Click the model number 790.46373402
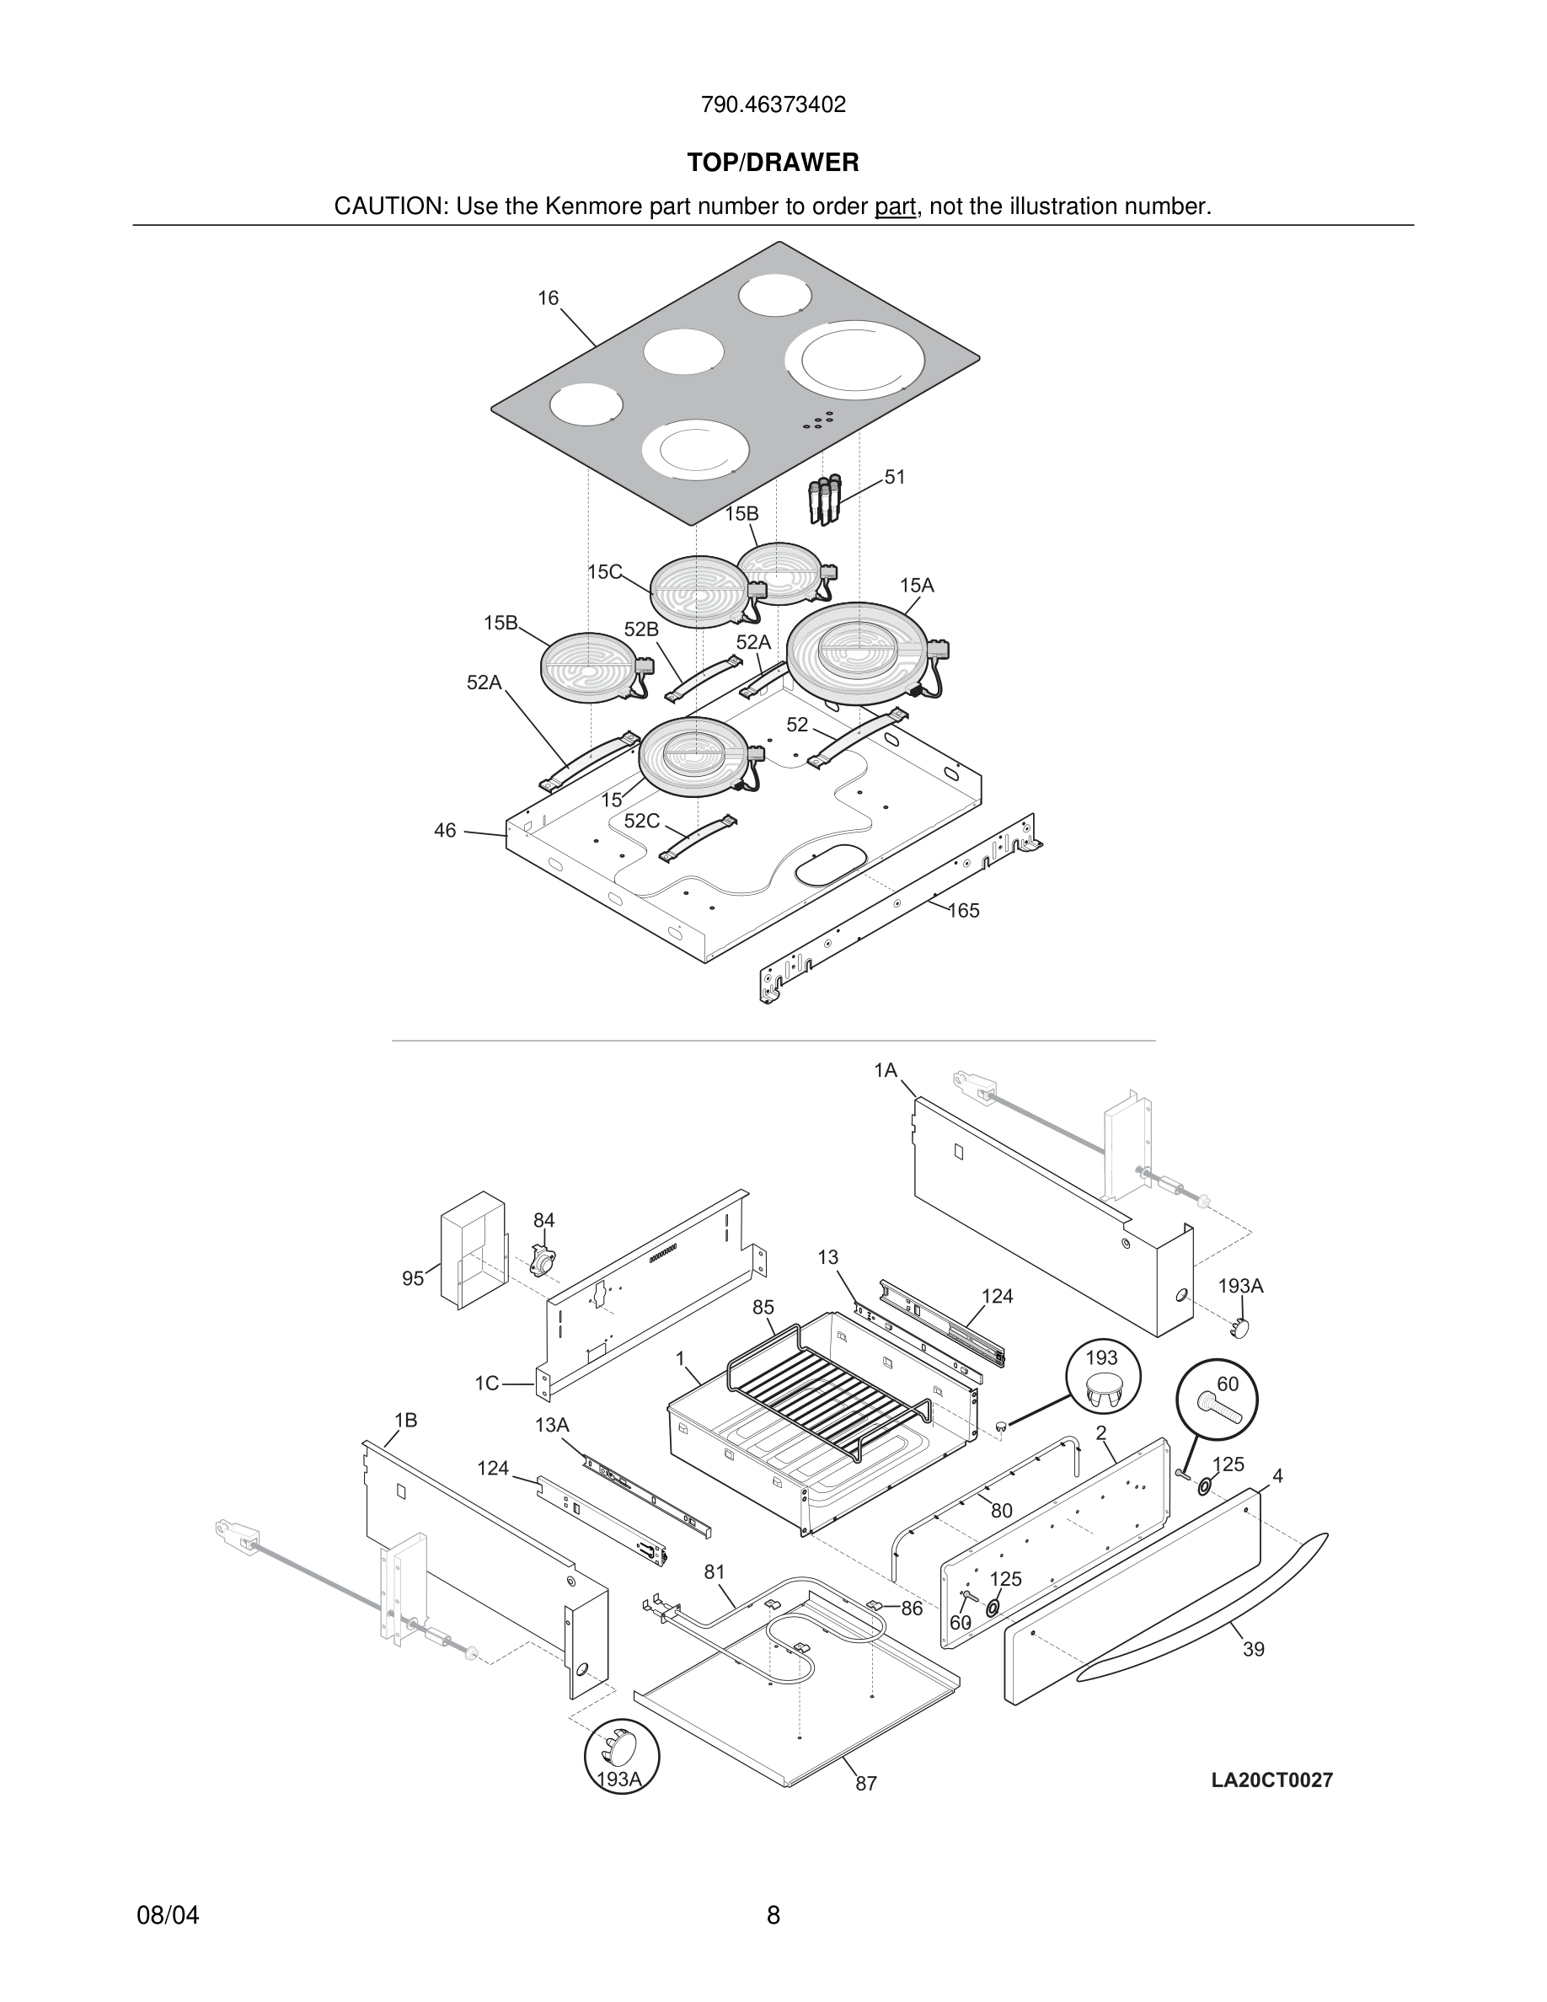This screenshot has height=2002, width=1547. click(773, 104)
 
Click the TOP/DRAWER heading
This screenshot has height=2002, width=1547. click(773, 163)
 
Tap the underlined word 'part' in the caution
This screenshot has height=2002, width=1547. click(895, 207)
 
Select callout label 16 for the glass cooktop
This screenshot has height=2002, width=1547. click(548, 298)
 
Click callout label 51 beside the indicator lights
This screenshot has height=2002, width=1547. click(895, 477)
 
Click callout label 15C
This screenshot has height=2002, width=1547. click(604, 572)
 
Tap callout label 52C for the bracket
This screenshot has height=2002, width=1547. click(641, 821)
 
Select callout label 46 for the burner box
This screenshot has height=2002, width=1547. click(445, 831)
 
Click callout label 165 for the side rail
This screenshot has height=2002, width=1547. click(963, 910)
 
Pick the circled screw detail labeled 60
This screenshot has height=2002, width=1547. click(1217, 1400)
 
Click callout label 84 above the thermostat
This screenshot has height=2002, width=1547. click(544, 1220)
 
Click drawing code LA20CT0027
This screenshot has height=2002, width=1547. click(1272, 1780)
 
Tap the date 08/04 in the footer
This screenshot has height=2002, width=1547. click(168, 1915)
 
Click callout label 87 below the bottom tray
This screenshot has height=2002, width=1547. click(866, 1783)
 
